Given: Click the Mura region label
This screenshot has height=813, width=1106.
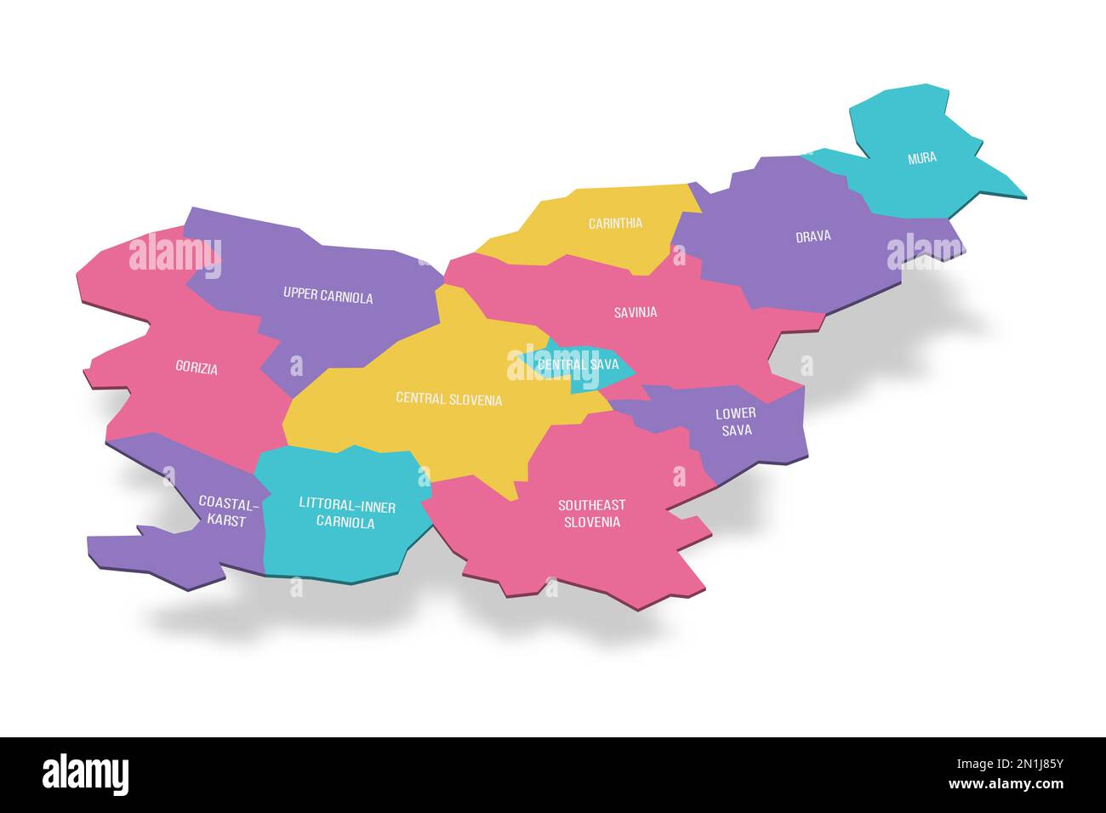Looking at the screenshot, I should click(x=921, y=157).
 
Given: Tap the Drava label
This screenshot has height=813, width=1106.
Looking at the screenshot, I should click(x=812, y=236).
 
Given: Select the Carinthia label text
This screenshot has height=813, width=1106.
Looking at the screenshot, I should click(x=615, y=224).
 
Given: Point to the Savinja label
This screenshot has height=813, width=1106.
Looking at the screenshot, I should click(x=635, y=312).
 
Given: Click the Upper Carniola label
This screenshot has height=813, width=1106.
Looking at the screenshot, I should click(x=328, y=296).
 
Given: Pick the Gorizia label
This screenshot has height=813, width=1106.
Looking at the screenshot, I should click(x=197, y=368).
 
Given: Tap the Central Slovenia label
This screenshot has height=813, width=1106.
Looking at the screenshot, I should click(x=448, y=399).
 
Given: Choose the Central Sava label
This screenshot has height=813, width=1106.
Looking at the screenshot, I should click(x=578, y=365).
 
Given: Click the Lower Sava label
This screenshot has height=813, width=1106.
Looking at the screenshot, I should click(x=734, y=422).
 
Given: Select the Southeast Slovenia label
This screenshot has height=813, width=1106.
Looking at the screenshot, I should click(x=591, y=513).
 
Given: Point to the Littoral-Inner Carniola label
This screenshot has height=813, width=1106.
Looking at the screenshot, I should click(x=346, y=515).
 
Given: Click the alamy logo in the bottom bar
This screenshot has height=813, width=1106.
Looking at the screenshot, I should click(x=85, y=775).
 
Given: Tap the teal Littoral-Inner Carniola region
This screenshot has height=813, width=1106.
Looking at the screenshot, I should click(x=340, y=553).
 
